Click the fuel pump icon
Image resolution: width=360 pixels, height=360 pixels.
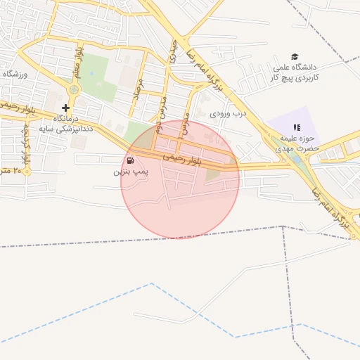coord(129,160)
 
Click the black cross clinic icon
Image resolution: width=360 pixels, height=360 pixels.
coord(65,108)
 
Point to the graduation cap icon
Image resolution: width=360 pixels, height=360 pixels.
coord(295,56)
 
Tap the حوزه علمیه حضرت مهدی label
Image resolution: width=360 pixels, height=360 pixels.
coord(296,143)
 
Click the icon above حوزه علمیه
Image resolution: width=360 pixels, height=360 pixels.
coord(296,127)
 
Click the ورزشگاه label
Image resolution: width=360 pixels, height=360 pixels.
coord(14,74)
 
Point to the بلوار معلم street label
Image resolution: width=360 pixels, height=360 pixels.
coord(78,60)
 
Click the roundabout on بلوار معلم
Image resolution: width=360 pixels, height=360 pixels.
coord(74,89)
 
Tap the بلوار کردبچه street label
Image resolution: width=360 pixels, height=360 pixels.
coord(25,145)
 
